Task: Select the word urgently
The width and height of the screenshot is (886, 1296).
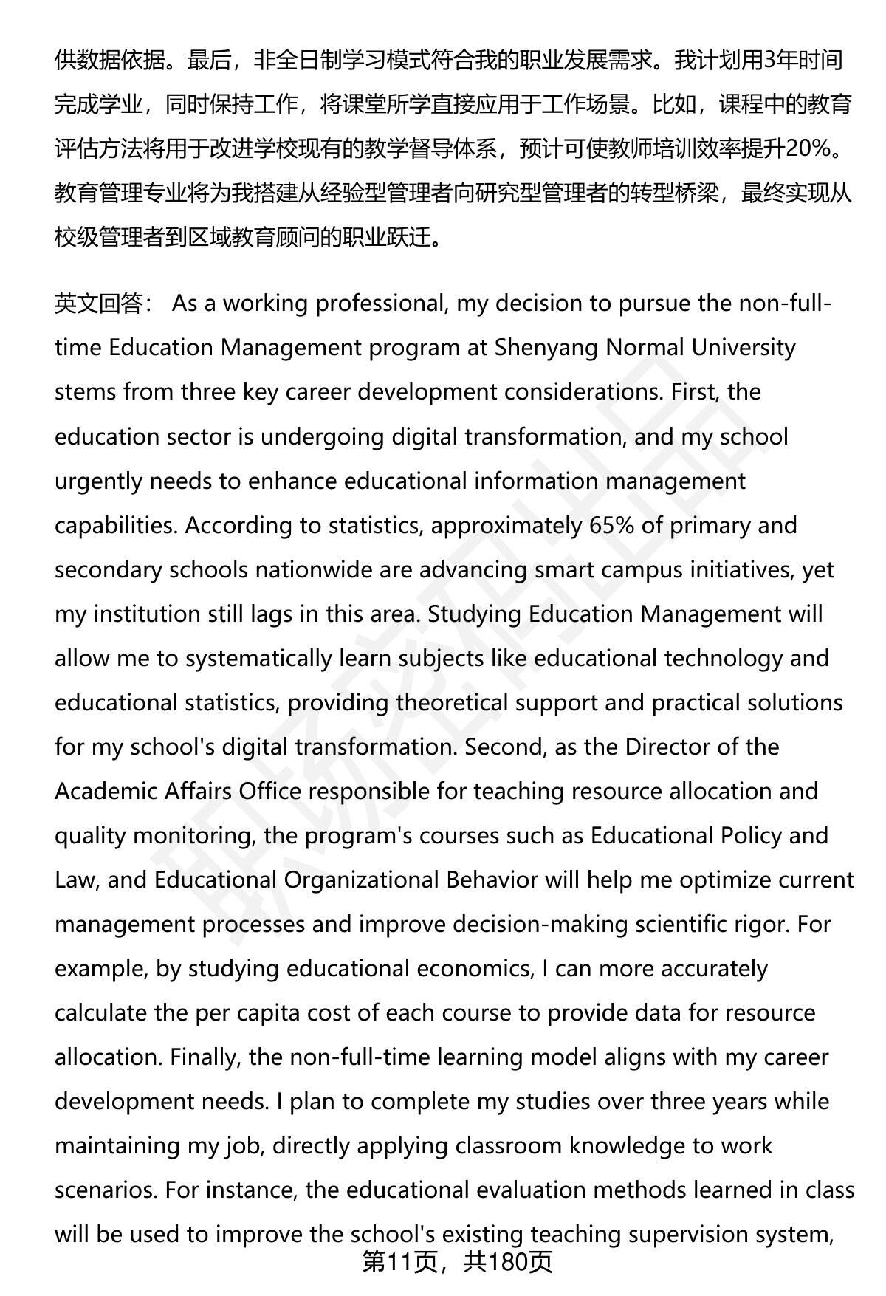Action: point(99,481)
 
